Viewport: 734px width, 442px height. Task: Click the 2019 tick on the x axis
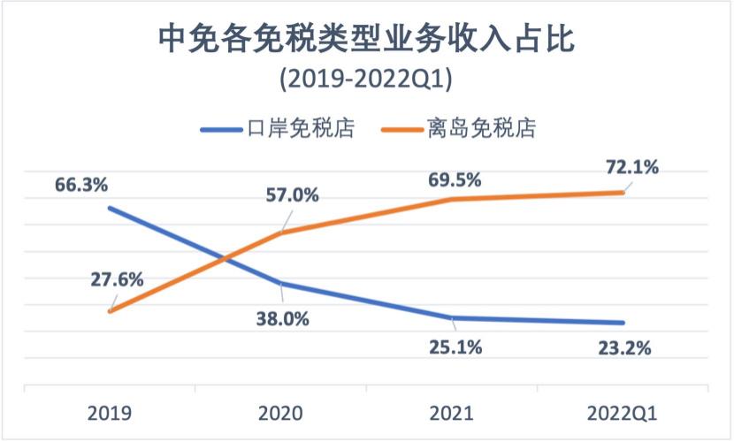tap(110, 413)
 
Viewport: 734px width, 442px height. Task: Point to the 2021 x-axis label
tap(452, 413)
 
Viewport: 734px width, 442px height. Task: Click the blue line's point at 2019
tap(110, 209)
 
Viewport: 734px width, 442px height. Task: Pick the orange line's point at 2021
tap(452, 200)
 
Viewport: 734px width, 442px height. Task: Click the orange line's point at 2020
tap(280, 233)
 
